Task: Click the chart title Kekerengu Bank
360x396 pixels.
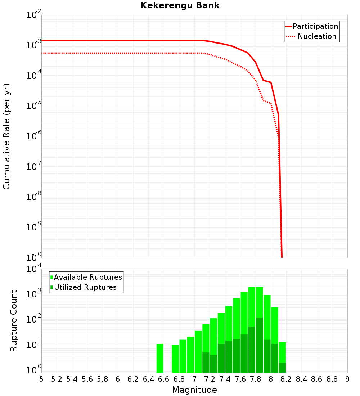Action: [x=180, y=6]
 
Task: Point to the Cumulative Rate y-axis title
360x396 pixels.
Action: [x=7, y=136]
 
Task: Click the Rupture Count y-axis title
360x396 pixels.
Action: [x=14, y=320]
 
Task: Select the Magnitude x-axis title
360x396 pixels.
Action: [x=194, y=390]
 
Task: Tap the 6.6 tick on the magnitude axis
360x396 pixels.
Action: [x=164, y=379]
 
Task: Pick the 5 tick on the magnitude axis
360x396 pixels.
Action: [x=41, y=379]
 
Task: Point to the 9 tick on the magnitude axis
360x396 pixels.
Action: [x=347, y=379]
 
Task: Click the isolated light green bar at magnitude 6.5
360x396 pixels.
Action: [x=160, y=358]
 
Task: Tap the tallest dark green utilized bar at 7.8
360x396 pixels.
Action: [x=259, y=345]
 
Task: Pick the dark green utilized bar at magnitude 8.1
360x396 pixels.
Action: [x=282, y=368]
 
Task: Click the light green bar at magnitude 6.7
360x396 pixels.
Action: [x=175, y=359]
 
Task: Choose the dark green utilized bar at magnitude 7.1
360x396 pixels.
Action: [x=206, y=363]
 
